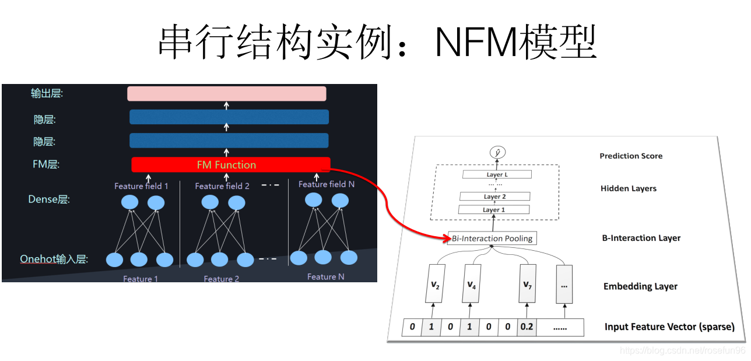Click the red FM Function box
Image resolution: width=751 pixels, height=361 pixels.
coord(230,165)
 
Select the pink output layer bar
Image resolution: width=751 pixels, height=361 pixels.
coord(227,93)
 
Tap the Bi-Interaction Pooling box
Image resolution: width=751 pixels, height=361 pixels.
coord(492,238)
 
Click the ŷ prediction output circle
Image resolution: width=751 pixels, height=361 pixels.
coord(497,152)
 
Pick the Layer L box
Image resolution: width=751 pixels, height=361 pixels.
coord(497,174)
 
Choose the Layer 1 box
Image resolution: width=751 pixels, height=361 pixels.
coord(494,209)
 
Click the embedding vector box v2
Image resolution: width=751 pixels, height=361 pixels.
coord(434,285)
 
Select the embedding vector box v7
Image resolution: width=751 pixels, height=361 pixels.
coord(527,285)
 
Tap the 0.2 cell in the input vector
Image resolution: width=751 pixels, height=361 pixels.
coord(527,327)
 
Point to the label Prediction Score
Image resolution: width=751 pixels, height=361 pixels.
coord(631,156)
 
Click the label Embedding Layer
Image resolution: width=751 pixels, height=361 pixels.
coord(640,286)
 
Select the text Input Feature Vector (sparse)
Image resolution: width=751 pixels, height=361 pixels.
coord(669,327)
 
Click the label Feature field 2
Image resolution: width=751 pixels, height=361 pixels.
coord(222,186)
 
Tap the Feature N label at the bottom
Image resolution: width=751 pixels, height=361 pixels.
coord(325,276)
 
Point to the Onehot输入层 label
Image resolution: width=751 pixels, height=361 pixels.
coord(54,259)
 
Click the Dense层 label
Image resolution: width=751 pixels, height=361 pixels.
coord(49,199)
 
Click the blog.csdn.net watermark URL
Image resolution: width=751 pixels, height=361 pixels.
coord(682,351)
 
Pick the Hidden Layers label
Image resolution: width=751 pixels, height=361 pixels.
coord(628,188)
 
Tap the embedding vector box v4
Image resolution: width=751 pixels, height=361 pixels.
coord(472,285)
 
